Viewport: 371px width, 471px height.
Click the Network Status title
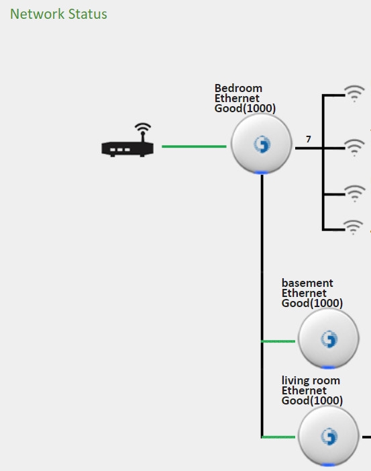[58, 14]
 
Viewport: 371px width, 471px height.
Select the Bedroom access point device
[262, 144]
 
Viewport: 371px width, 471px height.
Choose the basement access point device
[329, 339]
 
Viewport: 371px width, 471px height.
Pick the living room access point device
[329, 436]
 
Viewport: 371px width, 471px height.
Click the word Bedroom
[238, 88]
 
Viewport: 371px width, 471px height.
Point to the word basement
[307, 283]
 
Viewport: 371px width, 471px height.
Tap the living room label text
[311, 380]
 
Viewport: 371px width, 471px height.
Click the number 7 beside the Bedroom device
[309, 139]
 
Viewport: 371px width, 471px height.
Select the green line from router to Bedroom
[194, 146]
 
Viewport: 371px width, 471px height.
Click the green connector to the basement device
[278, 341]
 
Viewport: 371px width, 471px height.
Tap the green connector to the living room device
[278, 437]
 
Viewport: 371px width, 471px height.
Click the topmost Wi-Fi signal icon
[354, 93]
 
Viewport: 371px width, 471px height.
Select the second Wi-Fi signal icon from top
[354, 148]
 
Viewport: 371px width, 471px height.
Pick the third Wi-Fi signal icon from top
[355, 194]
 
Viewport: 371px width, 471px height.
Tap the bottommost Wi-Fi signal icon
[354, 227]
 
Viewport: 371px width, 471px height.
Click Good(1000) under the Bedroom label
[245, 108]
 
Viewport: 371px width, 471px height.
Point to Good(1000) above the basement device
[312, 303]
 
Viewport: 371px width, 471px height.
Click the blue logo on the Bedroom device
[262, 144]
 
